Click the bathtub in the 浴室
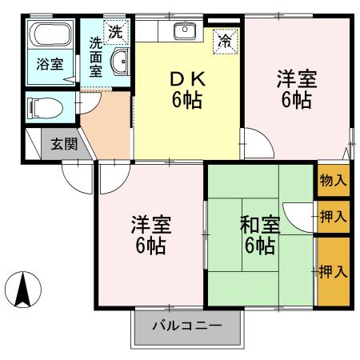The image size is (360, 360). coord(51,35)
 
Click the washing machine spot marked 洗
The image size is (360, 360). coord(116,33)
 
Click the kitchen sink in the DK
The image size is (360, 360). coord(184,32)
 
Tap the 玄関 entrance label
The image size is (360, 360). coord(64,145)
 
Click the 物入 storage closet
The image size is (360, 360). coord(333,180)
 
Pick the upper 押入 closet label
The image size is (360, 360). coord(333,216)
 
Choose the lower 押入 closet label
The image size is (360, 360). coord(333,271)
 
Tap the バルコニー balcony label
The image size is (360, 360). coord(186,327)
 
